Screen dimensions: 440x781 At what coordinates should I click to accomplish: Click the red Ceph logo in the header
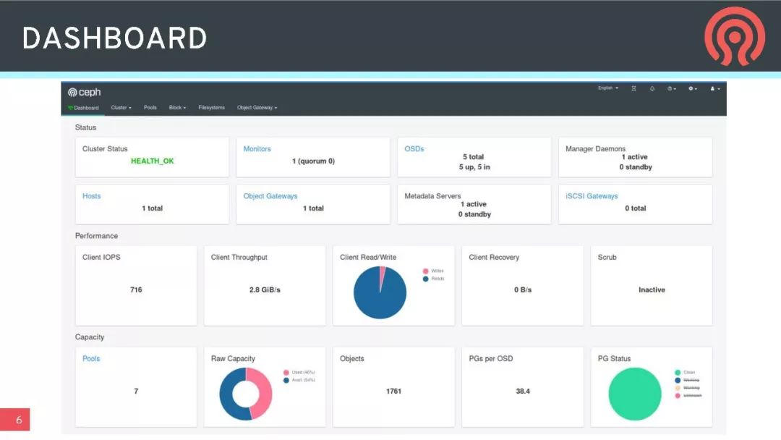[x=734, y=36]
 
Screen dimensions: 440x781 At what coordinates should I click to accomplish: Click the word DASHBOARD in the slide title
[x=114, y=38]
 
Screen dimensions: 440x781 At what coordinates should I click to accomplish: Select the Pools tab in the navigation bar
[x=150, y=108]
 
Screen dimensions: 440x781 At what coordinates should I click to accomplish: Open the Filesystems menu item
[x=211, y=108]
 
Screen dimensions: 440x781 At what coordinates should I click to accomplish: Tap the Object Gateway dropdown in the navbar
[x=257, y=108]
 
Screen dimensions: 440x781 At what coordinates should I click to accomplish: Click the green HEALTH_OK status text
[x=152, y=161]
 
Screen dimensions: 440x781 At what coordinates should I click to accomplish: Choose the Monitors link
[x=257, y=149]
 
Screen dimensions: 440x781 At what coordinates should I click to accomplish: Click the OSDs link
[x=414, y=149]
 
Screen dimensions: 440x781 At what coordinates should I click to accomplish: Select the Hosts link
[x=91, y=196]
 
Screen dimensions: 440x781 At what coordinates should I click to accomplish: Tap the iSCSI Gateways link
[x=592, y=196]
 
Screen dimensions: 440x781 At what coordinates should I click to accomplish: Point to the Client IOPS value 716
[x=136, y=289]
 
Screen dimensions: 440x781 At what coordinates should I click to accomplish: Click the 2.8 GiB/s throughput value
[x=265, y=289]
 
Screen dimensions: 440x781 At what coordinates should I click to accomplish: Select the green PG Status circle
[x=635, y=394]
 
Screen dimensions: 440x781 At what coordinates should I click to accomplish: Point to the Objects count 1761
[x=393, y=391]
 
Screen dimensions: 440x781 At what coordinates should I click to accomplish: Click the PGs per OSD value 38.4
[x=522, y=391]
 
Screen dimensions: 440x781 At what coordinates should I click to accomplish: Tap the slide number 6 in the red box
[x=18, y=420]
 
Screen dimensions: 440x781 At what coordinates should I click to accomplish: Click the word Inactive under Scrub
[x=651, y=289]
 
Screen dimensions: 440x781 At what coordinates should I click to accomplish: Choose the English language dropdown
[x=607, y=88]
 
